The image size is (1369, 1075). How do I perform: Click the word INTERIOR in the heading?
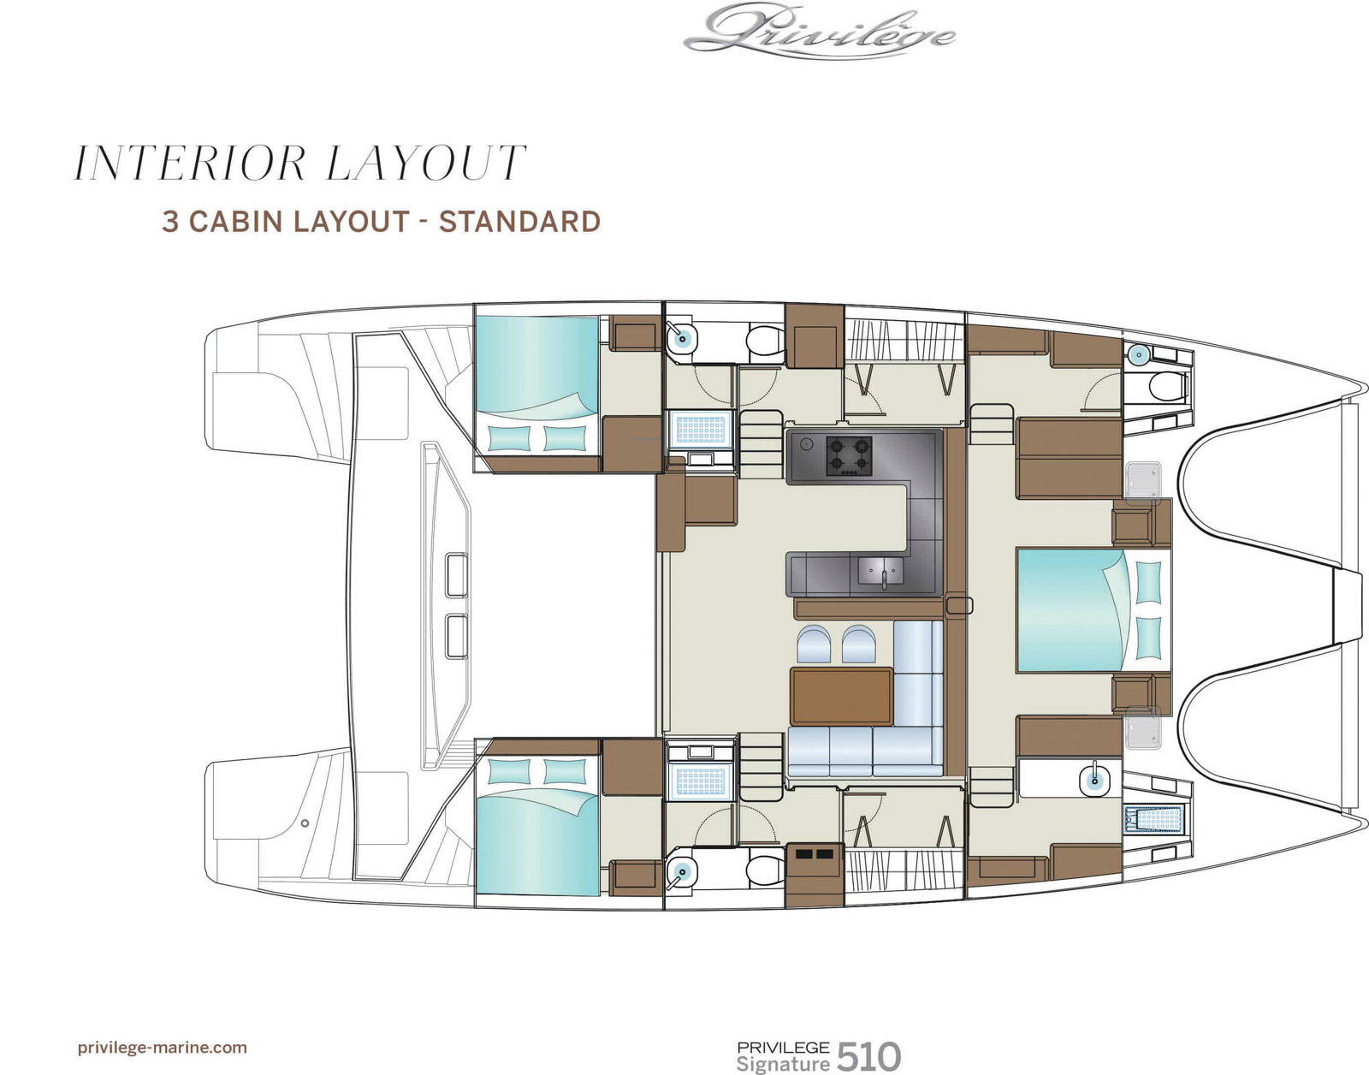(190, 163)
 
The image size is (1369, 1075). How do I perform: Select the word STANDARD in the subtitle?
(519, 222)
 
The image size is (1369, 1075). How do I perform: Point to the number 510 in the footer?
(869, 1040)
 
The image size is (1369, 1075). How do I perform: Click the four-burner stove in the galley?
(849, 457)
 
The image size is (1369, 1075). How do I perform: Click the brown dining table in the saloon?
(842, 697)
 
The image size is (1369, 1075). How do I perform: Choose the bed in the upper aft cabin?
(537, 385)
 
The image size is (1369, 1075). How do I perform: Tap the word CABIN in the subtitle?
(234, 222)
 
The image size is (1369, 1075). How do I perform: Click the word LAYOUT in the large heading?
(426, 163)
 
